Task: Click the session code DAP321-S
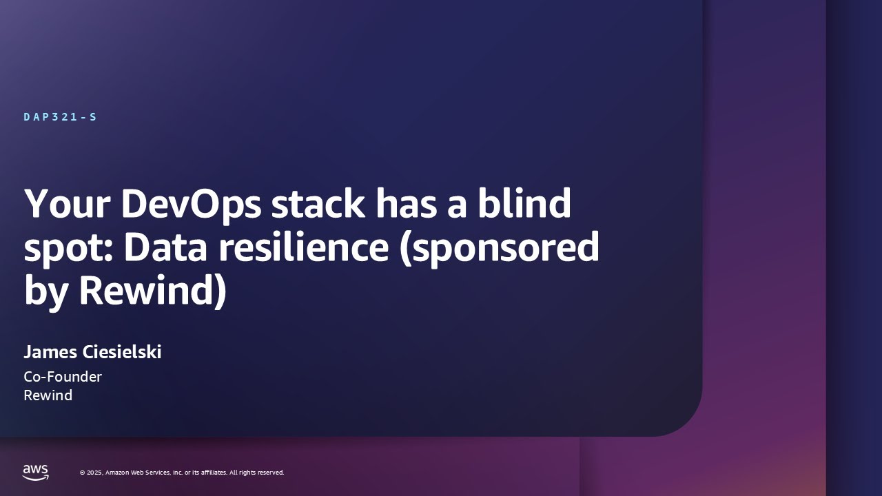pyautogui.click(x=60, y=117)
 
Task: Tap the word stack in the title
pyautogui.click(x=316, y=204)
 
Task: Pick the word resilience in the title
pyautogui.click(x=304, y=248)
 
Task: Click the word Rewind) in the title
pyautogui.click(x=152, y=291)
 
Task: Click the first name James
pyautogui.click(x=50, y=352)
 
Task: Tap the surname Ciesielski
pyautogui.click(x=122, y=352)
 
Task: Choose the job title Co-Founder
pyautogui.click(x=63, y=377)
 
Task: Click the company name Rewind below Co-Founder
pyautogui.click(x=48, y=395)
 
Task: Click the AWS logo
pyautogui.click(x=36, y=472)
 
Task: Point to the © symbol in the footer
pyautogui.click(x=82, y=473)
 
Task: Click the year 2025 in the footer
pyautogui.click(x=94, y=473)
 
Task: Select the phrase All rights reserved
pyautogui.click(x=256, y=473)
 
